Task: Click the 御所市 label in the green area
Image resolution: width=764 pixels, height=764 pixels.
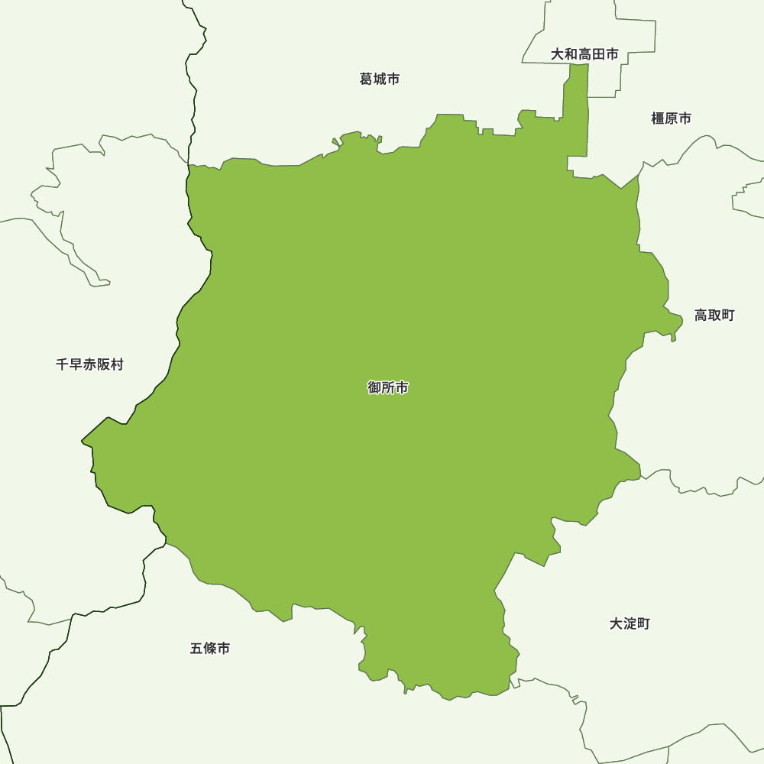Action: coord(388,388)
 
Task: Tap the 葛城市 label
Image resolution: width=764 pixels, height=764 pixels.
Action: coord(380,79)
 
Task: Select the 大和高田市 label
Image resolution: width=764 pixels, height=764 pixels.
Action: coord(584,54)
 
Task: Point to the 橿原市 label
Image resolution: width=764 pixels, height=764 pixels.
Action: coord(671,118)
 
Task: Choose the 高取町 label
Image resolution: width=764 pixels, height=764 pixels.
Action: coord(714,315)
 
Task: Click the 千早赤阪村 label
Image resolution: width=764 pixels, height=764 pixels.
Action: coord(89,364)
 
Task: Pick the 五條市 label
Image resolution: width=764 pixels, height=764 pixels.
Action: coord(210,649)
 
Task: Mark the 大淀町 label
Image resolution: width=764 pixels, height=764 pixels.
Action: coord(630,623)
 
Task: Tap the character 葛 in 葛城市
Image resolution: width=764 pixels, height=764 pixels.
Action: coord(366,79)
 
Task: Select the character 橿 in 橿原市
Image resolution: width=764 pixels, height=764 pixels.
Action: coord(658,118)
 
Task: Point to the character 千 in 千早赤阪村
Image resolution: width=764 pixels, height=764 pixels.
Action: coord(63,364)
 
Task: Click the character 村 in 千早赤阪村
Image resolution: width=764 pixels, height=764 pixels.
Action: coord(116,364)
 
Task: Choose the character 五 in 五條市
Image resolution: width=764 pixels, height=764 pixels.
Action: coord(196,649)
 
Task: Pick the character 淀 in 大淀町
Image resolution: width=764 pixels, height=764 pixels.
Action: coord(630,623)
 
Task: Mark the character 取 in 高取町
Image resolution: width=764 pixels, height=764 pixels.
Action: coord(714,315)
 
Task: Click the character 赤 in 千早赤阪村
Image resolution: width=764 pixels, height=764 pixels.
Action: coord(89,364)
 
